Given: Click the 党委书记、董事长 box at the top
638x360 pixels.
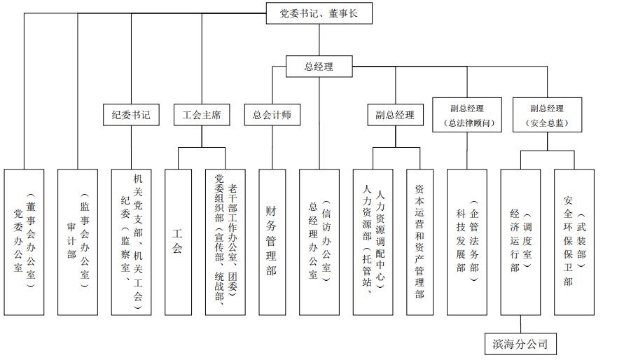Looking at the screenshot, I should pos(319,13).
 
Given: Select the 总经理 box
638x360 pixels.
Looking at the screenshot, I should pos(319,67).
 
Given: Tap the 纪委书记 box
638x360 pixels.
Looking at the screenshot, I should pos(131,115).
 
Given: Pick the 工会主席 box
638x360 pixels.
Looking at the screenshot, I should pos(202,115).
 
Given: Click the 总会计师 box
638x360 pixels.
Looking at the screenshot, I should pos(272,115).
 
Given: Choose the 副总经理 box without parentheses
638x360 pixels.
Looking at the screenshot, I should pos(395,115).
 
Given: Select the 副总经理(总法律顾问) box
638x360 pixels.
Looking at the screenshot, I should pos(467,115).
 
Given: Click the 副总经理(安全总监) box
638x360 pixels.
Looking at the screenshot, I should pos(547,115).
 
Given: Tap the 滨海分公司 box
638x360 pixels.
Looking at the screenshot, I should pos(520,344).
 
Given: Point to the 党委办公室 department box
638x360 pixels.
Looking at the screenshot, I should pos(24,242).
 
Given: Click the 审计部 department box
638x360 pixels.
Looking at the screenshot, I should pos(78,242).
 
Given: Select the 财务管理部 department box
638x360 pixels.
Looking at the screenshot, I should pos(272,242).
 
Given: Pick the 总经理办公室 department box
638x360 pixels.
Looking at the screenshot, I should pos(319,242).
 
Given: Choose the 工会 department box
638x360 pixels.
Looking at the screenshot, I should pos(178,242).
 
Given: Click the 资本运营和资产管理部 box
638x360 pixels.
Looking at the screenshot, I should pos(419,242).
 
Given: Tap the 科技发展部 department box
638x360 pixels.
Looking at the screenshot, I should pos(467,242).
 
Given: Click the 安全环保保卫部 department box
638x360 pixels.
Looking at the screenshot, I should pos(574,242).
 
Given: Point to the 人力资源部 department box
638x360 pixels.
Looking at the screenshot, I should pos(373,242).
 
